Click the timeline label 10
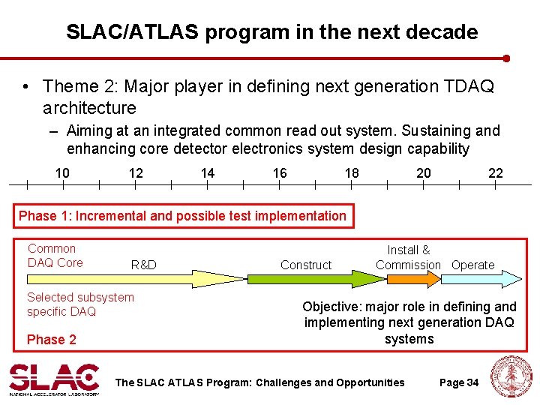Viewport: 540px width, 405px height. [62, 173]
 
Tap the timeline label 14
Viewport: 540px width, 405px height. [208, 173]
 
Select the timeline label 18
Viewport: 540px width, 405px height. [352, 173]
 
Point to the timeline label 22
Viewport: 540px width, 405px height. [496, 173]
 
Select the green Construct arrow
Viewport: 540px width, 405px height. [315, 279]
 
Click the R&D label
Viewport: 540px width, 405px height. [143, 265]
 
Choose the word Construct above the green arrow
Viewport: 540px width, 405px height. [305, 265]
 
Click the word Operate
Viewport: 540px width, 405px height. [473, 265]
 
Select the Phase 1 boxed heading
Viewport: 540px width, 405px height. [183, 216]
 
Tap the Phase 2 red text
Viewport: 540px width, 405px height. [52, 340]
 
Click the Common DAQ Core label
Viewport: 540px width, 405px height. [55, 255]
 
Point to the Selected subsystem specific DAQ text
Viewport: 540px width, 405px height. [80, 304]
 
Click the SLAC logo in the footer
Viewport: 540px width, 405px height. [53, 379]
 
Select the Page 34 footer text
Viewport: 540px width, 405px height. [458, 382]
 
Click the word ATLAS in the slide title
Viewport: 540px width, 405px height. [156, 32]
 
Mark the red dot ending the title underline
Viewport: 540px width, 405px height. [507, 58]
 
